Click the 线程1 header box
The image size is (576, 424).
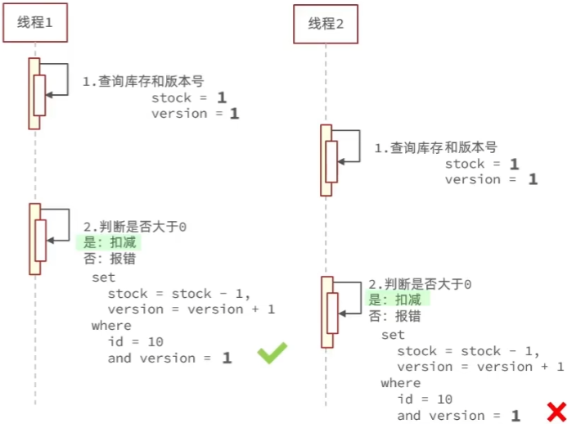coord(35,22)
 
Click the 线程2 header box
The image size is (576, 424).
coord(326,24)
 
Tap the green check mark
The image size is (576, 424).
coord(272,353)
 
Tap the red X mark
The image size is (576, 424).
coord(556,411)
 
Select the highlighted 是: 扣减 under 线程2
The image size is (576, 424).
coord(398,300)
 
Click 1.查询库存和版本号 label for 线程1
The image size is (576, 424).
coord(142,82)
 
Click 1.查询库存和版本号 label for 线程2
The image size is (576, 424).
coord(435,148)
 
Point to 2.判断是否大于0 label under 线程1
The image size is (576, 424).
coord(136,226)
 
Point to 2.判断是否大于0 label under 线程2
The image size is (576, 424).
coord(421,284)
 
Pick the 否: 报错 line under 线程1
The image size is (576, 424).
coord(110,259)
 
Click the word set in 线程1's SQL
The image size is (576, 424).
coord(103,277)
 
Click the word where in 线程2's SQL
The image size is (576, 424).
coord(400,383)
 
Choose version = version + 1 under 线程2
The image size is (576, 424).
coord(479,367)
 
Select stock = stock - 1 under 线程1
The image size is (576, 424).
coord(178,293)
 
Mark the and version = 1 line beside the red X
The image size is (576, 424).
coord(458,416)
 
